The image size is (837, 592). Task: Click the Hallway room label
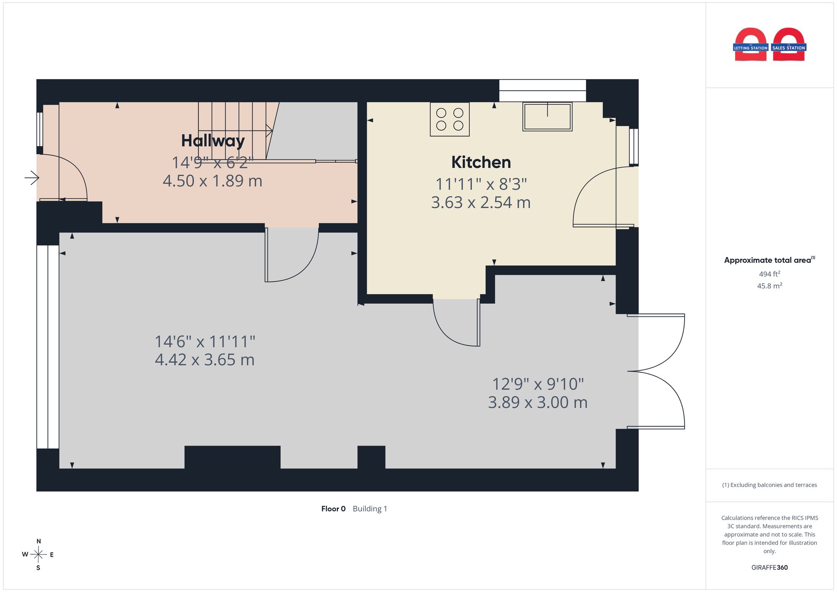click(x=213, y=141)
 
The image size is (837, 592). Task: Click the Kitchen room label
click(x=481, y=162)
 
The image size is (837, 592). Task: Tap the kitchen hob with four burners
click(x=449, y=119)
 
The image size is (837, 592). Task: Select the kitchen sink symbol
click(x=547, y=117)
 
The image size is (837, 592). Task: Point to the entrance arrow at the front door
click(x=32, y=178)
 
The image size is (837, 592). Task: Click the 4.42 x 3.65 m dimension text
click(x=205, y=360)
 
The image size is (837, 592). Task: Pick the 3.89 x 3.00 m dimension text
click(x=538, y=402)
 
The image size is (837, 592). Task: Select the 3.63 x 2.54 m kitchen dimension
click(x=481, y=202)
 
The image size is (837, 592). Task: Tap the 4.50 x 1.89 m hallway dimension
click(x=213, y=181)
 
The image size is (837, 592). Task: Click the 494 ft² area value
click(x=770, y=274)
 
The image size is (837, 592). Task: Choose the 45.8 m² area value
click(x=770, y=286)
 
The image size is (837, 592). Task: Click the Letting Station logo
click(x=751, y=44)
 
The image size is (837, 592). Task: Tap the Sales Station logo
click(x=789, y=44)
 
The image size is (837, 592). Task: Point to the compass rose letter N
click(x=39, y=541)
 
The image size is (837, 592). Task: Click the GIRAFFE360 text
click(x=770, y=568)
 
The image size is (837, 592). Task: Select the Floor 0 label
click(x=334, y=509)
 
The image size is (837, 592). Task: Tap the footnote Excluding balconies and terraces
click(x=770, y=485)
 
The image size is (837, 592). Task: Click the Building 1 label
click(x=370, y=509)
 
